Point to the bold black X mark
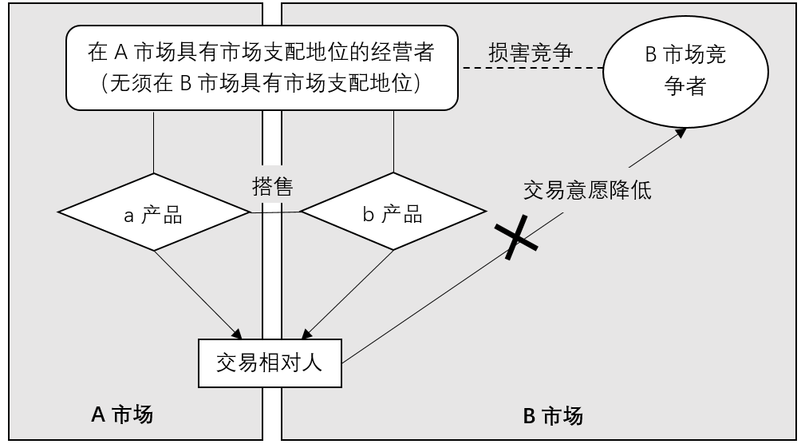516,237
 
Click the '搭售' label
273,186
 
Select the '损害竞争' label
531,53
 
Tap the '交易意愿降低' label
587,190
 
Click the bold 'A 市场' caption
122,414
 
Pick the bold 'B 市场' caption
553,416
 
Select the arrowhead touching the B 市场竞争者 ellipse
681,133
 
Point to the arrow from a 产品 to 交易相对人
198,295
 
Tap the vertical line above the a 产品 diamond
153,142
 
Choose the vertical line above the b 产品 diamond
394,141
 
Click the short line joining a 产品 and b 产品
275,212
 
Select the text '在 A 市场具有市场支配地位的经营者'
261,53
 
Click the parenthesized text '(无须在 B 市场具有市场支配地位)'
261,83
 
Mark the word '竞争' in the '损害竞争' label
551,53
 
